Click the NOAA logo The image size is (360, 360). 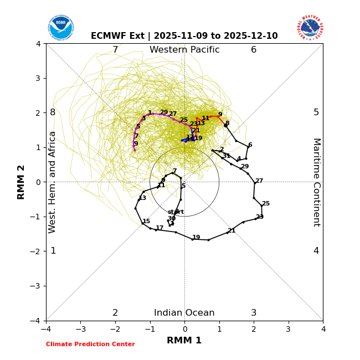[60, 28]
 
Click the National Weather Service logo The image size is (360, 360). [310, 28]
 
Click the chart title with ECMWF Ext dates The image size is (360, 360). [184, 36]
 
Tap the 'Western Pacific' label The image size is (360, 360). [184, 50]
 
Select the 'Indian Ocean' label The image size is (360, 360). [184, 313]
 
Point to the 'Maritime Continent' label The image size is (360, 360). [316, 182]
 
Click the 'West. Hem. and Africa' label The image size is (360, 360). [53, 182]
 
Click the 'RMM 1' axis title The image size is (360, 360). [184, 341]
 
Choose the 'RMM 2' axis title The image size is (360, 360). [21, 182]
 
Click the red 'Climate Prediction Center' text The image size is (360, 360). [90, 344]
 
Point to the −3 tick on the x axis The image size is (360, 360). [80, 329]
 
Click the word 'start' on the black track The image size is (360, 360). [176, 212]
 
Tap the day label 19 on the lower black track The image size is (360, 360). [196, 238]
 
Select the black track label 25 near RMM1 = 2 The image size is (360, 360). [266, 204]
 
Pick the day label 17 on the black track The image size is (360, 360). [160, 228]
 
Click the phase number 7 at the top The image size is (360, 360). [115, 50]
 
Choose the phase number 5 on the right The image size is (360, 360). [316, 112]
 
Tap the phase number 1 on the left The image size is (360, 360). [53, 251]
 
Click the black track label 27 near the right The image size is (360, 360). [259, 181]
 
